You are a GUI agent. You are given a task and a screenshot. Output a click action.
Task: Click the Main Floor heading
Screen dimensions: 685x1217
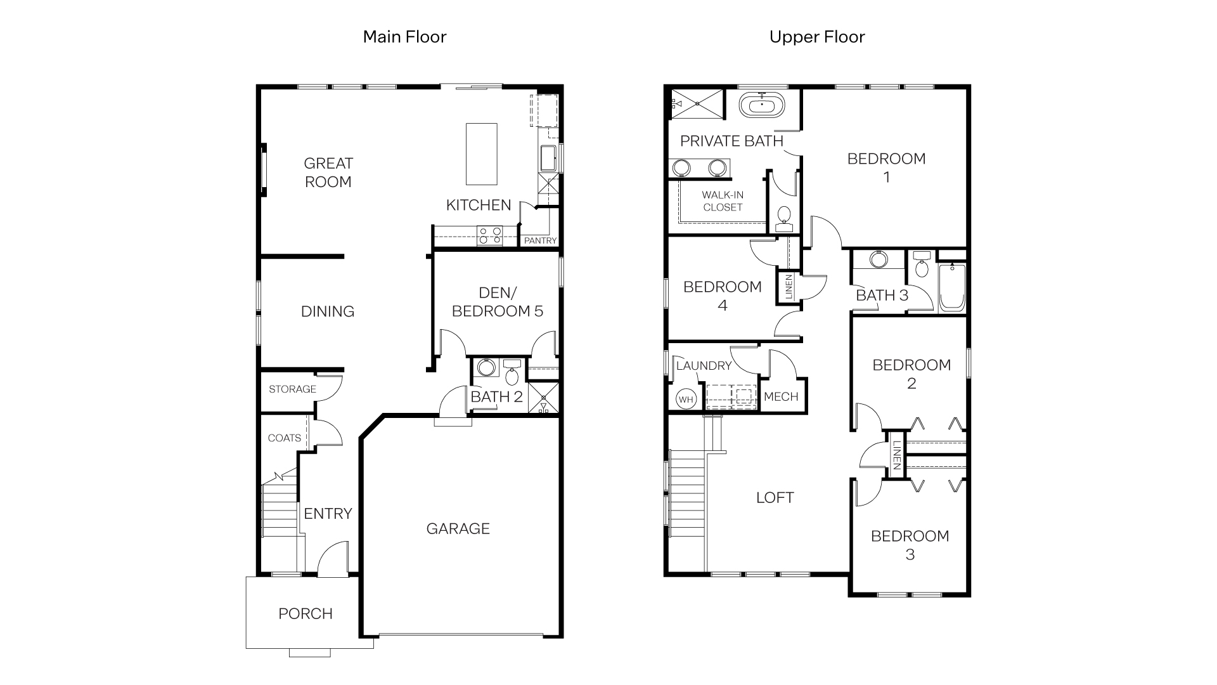point(404,37)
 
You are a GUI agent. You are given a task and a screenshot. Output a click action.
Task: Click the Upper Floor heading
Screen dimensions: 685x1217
point(816,37)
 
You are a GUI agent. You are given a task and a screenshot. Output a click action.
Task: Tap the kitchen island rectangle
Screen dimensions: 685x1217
point(481,154)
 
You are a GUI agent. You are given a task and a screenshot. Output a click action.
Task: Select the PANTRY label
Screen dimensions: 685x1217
point(540,240)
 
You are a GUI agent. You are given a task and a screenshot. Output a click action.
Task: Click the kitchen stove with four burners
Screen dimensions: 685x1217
point(490,236)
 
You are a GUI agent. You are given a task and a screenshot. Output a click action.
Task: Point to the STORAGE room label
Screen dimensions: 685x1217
point(292,389)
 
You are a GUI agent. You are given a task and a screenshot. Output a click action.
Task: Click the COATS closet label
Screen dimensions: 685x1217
point(284,438)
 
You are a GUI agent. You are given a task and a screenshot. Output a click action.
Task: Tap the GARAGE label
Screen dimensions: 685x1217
point(458,528)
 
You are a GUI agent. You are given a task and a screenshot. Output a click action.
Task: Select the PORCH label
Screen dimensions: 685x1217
point(306,613)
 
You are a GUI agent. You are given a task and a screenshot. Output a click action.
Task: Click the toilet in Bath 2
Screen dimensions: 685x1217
point(512,374)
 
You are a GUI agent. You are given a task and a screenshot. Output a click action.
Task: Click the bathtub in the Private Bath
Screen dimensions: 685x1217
point(761,105)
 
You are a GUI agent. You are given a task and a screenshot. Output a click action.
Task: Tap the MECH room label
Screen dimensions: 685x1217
point(781,396)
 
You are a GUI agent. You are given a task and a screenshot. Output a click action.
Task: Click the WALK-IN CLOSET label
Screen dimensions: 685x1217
point(723,201)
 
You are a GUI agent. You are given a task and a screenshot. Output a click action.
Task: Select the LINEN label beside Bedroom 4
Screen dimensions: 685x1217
point(789,287)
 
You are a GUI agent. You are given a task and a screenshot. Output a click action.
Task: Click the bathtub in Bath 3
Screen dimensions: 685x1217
point(951,288)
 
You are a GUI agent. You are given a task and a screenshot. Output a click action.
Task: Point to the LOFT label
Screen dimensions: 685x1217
point(775,497)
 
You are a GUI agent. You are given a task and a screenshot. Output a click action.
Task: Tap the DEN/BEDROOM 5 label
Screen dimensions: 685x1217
point(498,301)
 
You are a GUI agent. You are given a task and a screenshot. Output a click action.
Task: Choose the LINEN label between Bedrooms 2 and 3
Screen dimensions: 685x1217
point(896,455)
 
